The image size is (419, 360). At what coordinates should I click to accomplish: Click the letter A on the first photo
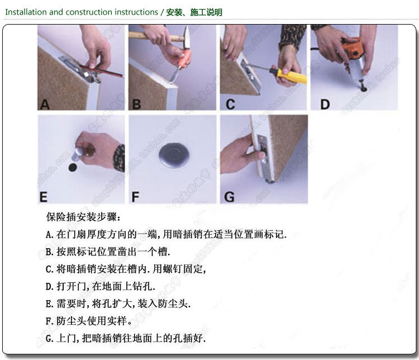pos(45,105)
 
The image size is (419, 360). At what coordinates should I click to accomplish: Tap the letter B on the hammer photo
pos(136,105)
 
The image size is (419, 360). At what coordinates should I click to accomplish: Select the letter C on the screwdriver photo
pos(230,105)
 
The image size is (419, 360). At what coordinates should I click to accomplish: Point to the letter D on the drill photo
pos(325,105)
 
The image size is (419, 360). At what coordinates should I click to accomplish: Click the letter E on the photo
pos(43,197)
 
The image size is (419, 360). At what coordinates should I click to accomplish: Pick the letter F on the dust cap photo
pos(135,197)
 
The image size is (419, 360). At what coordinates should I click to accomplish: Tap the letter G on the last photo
pos(229,197)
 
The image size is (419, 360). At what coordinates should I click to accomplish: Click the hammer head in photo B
pos(187,37)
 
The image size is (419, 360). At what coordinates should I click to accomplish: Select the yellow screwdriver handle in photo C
pos(288,75)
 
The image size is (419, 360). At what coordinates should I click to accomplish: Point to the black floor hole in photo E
pos(73,168)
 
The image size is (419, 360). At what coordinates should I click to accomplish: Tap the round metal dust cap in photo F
pos(174,155)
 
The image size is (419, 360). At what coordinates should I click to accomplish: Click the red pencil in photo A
pos(102,70)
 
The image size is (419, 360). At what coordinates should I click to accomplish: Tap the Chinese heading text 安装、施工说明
pos(194,12)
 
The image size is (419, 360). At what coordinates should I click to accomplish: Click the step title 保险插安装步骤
pos(83,217)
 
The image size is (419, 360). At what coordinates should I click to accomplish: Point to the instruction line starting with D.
pos(101,286)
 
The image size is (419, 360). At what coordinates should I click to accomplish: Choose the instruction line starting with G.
pos(126,338)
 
